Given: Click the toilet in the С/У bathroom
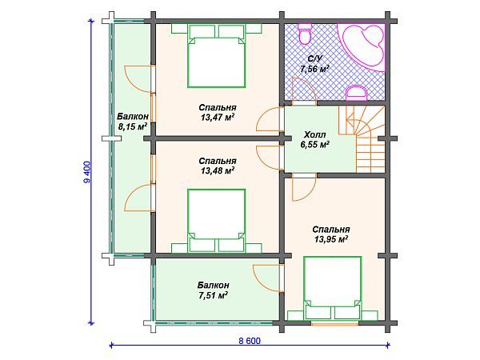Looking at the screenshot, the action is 305,34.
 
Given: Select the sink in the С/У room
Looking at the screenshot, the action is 356,93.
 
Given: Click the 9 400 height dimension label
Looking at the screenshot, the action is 87,172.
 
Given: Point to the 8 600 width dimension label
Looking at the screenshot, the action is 250,341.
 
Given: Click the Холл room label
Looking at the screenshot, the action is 314,135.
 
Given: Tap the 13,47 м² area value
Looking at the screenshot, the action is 218,118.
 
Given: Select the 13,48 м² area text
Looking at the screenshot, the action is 218,171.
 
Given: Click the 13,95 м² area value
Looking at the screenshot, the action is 331,239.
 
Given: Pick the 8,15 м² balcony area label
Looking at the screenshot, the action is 133,126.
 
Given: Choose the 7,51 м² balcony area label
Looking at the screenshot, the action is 213,295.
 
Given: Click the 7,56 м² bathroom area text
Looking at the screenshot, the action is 314,69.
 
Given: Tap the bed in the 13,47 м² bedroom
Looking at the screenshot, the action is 217,56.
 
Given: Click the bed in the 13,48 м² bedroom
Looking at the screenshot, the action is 217,221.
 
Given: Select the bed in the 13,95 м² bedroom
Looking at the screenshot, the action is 332,288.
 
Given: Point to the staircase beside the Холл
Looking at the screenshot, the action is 364,139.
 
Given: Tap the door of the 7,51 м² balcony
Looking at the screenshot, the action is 267,278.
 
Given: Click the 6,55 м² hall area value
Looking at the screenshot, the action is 314,145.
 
